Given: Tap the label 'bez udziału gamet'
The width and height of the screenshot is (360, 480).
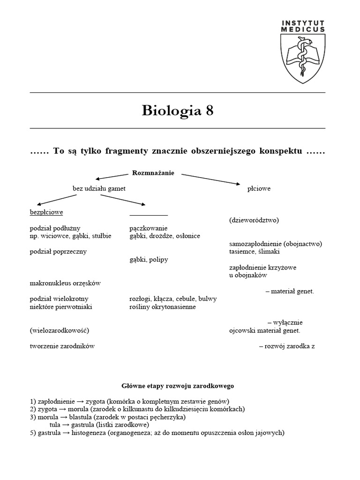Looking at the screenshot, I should tap(99, 188).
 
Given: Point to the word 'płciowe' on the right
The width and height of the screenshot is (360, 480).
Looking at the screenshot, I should tap(259, 188).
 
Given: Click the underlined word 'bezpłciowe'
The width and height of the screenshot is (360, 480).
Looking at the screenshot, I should tap(46, 212).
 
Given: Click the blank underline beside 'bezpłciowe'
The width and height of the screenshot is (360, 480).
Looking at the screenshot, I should tap(149, 215).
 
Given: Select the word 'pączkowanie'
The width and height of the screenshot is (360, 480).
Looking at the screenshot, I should tap(149, 228).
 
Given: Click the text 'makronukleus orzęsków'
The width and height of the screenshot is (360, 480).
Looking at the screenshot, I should tap(65, 283).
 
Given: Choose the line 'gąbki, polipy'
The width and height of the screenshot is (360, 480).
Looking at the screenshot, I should tap(149, 259).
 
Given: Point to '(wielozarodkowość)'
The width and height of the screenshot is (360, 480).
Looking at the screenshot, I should tap(59, 330).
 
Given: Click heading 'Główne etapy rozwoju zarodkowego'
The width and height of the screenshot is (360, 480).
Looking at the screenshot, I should tap(178, 386).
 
